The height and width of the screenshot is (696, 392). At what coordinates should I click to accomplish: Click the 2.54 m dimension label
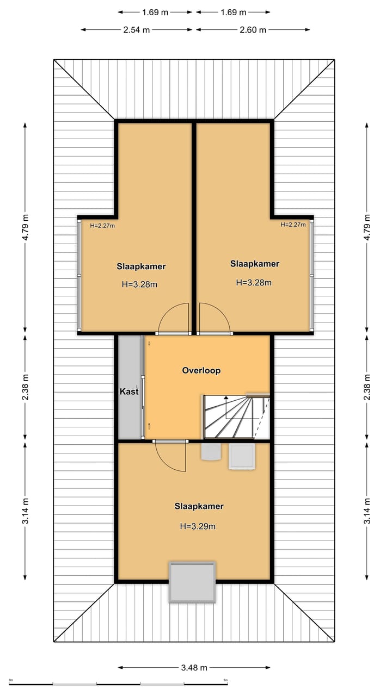pos(136,30)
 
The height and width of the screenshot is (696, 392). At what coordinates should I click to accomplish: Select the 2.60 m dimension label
pos(253,30)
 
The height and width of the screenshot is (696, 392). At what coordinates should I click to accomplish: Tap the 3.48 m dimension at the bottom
pos(194,668)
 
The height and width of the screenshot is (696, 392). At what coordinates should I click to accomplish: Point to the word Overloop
pos(201,370)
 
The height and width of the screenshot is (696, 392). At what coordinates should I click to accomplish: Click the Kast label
pos(129,391)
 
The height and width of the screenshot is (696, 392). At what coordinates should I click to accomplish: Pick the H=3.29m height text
pos(198,526)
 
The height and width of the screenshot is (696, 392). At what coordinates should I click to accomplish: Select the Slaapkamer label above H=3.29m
pos(199,506)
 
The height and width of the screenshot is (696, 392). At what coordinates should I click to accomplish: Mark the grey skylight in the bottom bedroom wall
pos(192,582)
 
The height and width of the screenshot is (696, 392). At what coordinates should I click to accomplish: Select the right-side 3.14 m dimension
pos(367,511)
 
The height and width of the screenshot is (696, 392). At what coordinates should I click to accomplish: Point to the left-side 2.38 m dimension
pos(25,387)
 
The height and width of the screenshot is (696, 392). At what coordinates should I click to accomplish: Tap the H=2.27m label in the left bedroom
pos(102,226)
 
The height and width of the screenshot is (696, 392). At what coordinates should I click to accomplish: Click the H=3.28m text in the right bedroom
pos(254,283)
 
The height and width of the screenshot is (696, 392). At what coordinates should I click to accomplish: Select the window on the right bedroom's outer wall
pos(312,275)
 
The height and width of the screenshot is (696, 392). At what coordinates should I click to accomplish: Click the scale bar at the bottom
pos(119,683)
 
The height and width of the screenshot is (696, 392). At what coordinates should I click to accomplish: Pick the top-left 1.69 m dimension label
pos(155,12)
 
